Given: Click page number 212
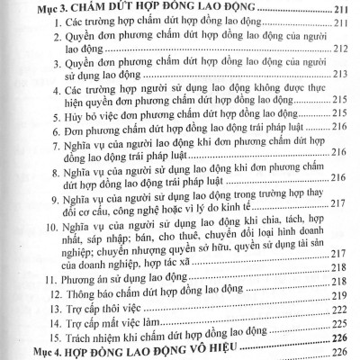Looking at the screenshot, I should pos(342,49).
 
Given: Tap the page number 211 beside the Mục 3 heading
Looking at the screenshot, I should pos(342,11).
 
